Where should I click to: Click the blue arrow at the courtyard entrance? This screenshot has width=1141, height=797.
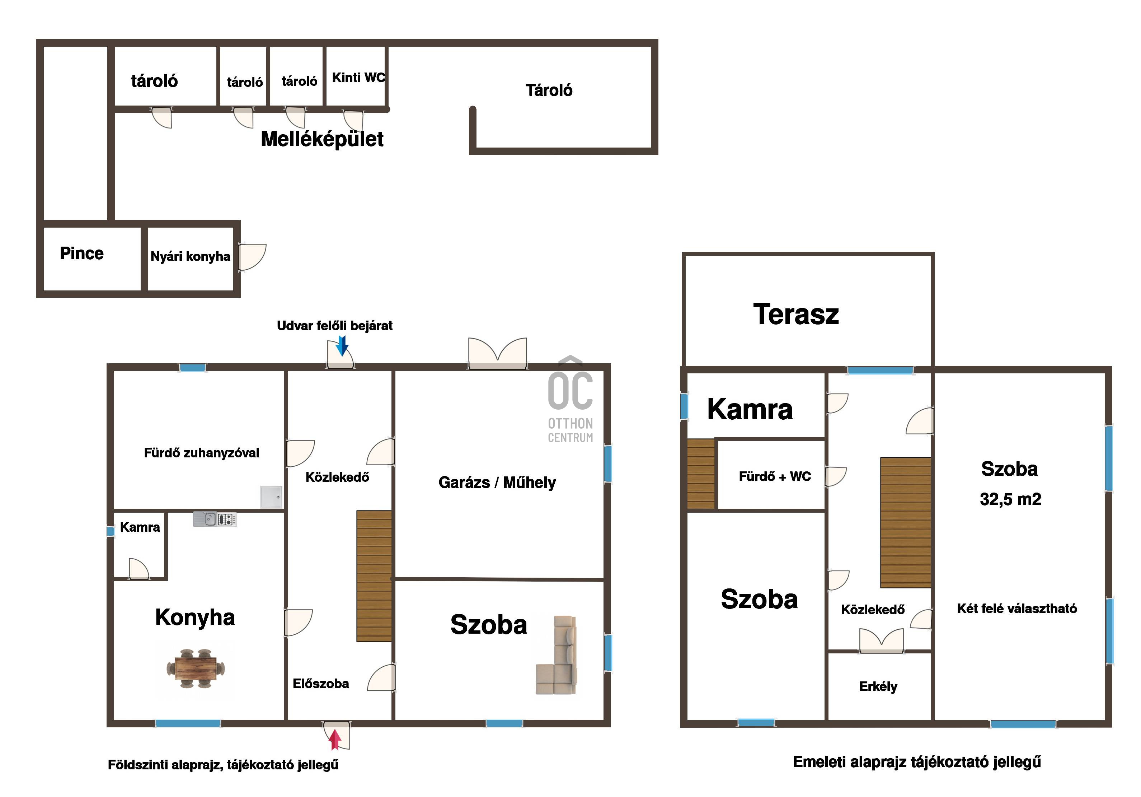342,346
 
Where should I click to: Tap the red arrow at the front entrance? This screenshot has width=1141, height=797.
335,739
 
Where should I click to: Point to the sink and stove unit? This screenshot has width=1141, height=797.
215,519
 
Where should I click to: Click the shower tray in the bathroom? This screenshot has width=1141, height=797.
271,497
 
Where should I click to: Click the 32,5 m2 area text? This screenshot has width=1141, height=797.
1010,499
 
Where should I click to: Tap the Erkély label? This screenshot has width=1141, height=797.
878,687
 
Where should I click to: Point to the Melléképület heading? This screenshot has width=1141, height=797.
322,139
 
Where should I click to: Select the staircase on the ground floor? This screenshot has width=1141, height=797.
374,576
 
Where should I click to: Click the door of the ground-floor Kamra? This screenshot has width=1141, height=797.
138,569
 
